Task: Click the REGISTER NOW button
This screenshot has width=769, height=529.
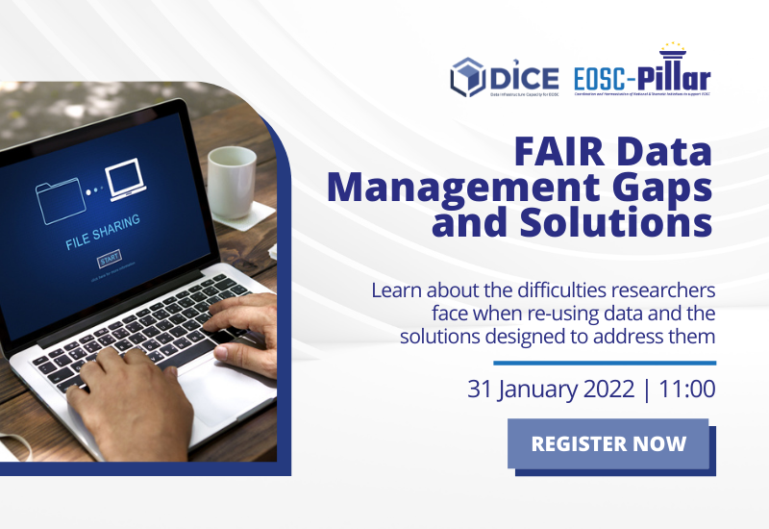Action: [x=608, y=443]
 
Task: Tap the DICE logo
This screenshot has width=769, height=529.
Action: [x=489, y=76]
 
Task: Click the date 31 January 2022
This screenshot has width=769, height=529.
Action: [x=551, y=390]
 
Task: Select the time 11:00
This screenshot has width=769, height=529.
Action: [x=684, y=390]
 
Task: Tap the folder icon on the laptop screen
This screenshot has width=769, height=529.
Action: [x=60, y=199]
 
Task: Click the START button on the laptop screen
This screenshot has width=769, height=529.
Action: [x=109, y=260]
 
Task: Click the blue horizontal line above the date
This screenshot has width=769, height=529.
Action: [x=605, y=363]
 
